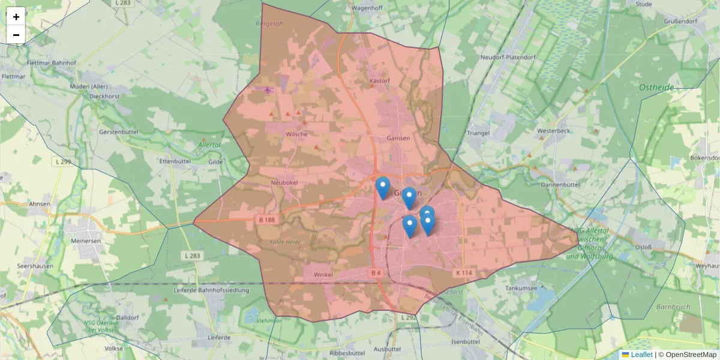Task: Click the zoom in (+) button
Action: tap(16, 17)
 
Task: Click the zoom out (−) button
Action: tap(16, 35)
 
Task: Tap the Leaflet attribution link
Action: tap(641, 355)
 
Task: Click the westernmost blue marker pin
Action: tap(383, 188)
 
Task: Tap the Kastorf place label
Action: tap(380, 80)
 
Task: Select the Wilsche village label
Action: tap(296, 134)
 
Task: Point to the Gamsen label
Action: tap(398, 138)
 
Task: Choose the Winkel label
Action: tap(323, 275)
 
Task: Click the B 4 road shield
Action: tap(376, 273)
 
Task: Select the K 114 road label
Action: tap(464, 272)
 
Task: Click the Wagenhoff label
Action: tap(368, 8)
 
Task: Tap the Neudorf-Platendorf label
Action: tap(508, 57)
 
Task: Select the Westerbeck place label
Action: tap(553, 130)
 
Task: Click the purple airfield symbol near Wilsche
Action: tap(268, 90)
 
